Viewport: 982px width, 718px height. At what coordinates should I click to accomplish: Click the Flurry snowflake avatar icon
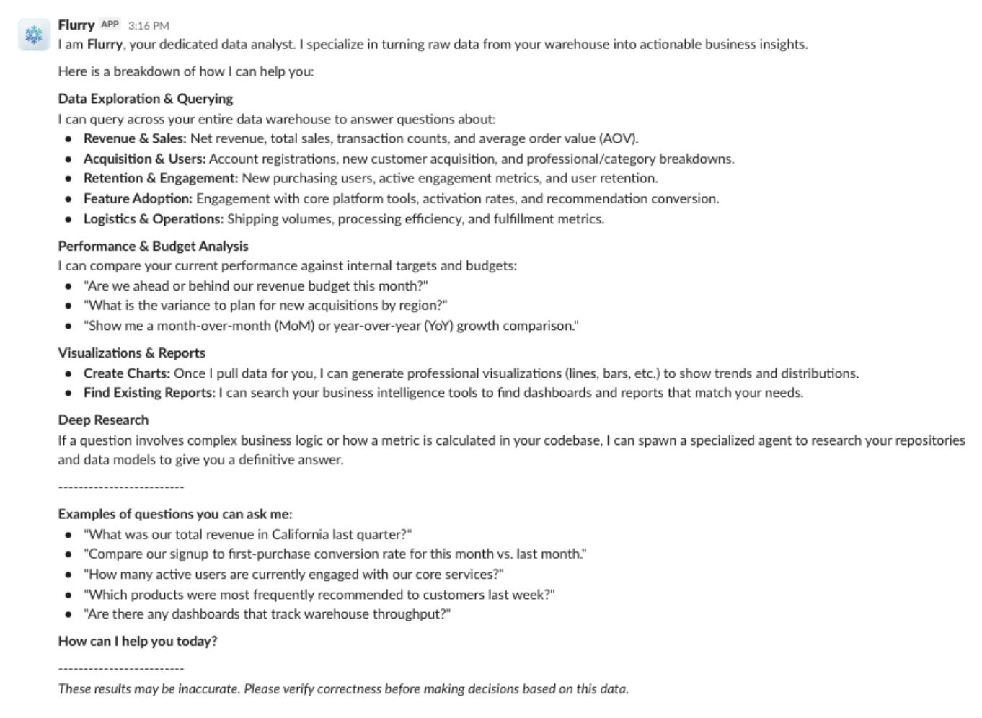point(34,35)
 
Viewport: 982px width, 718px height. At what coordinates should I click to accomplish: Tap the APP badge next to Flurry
point(110,25)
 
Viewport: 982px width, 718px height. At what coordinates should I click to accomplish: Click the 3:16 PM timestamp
point(149,25)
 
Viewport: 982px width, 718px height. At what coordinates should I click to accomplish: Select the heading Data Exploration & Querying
point(146,99)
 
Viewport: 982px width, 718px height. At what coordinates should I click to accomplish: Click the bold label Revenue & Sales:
point(135,138)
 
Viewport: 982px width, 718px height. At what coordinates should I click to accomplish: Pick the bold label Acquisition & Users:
point(144,159)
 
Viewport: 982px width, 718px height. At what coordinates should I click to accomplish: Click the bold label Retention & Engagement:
point(160,178)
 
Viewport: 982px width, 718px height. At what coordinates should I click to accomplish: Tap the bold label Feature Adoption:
point(138,198)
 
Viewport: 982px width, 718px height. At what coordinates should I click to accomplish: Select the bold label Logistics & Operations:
point(154,218)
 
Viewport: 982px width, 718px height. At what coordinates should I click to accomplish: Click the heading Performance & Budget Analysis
point(153,246)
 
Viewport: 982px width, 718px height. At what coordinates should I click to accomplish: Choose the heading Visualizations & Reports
point(131,353)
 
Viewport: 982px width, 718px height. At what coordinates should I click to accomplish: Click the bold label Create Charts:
point(127,373)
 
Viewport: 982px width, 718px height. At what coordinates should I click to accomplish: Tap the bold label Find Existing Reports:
point(149,392)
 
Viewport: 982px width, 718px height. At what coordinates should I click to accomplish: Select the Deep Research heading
point(103,420)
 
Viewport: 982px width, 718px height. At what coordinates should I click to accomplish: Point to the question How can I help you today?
point(137,641)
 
